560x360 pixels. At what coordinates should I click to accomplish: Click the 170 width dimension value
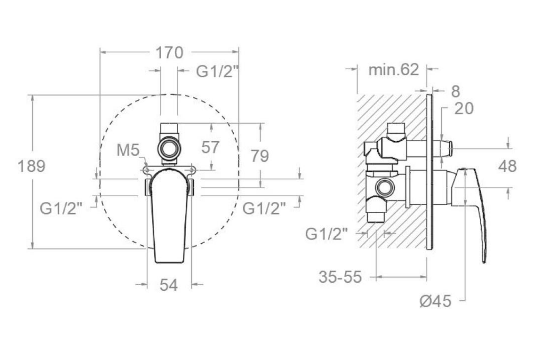(170, 53)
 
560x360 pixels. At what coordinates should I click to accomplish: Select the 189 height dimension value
(31, 167)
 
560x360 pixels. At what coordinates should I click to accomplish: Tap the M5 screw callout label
(128, 150)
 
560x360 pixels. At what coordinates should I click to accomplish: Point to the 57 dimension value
(210, 147)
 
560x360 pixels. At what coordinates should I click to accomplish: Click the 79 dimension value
(260, 156)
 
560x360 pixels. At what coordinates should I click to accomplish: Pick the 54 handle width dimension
(168, 285)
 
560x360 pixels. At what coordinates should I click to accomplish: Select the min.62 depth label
(394, 69)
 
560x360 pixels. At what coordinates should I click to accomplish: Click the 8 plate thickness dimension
(455, 91)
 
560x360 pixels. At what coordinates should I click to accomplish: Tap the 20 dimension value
(464, 108)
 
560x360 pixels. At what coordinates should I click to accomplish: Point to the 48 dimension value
(507, 167)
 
